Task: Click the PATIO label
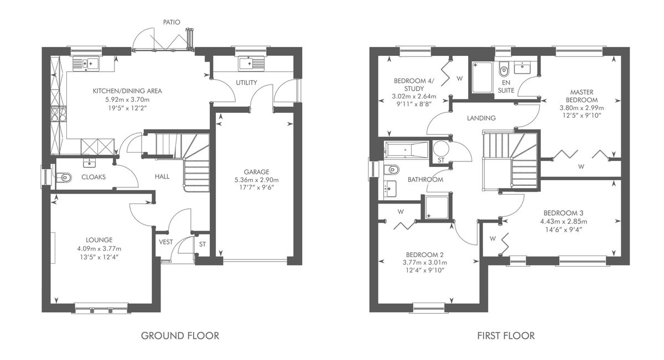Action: pyautogui.click(x=172, y=22)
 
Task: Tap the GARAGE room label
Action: pyautogui.click(x=256, y=172)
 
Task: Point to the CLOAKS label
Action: pyautogui.click(x=94, y=177)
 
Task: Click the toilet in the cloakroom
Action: pyautogui.click(x=64, y=178)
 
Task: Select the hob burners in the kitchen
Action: pyautogui.click(x=59, y=114)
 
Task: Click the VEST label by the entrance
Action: pyautogui.click(x=165, y=242)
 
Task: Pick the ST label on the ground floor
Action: pyautogui.click(x=202, y=244)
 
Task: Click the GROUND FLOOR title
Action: pyautogui.click(x=180, y=336)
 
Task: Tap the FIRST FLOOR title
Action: pyautogui.click(x=506, y=336)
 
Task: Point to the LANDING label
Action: pyautogui.click(x=481, y=118)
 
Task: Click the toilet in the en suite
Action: pyautogui.click(x=504, y=69)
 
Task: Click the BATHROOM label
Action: pyautogui.click(x=426, y=180)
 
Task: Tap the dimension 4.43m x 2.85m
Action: pyautogui.click(x=563, y=221)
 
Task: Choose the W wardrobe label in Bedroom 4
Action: pyautogui.click(x=459, y=79)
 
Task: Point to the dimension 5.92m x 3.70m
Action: pyautogui.click(x=127, y=100)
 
